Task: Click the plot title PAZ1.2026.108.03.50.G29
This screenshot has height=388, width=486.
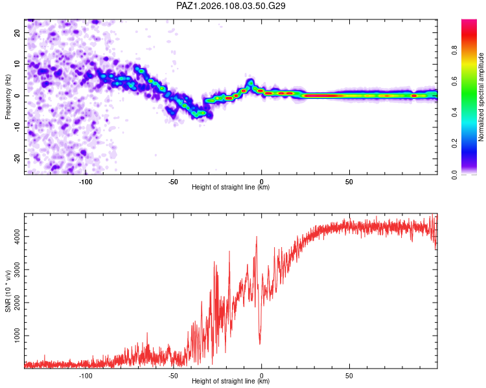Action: (231, 6)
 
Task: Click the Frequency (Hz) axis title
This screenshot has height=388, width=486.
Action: (8, 97)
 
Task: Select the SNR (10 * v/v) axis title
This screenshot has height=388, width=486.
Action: (8, 291)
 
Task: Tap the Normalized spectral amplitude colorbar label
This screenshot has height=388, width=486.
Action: (481, 97)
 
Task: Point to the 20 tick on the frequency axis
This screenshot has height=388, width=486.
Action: (17, 32)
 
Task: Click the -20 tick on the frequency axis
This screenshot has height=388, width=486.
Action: (17, 158)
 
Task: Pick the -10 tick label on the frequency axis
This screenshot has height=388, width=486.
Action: (17, 127)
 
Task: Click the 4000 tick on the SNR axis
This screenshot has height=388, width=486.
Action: (17, 237)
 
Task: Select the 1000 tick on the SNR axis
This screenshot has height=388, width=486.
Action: (17, 336)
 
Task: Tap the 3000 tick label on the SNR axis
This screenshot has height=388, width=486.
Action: (17, 270)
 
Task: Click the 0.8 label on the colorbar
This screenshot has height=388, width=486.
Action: (454, 50)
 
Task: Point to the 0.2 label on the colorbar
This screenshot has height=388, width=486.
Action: (454, 144)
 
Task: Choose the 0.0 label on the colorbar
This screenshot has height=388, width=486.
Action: (454, 175)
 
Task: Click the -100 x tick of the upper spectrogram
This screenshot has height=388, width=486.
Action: (86, 182)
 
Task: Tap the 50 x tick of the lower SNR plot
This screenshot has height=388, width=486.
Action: (349, 376)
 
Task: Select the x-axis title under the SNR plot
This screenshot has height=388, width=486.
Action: (231, 381)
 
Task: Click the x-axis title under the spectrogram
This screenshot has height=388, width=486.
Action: (231, 187)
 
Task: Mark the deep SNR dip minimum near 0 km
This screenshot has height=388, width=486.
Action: (260, 343)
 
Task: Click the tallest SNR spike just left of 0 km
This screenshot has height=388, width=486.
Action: (257, 237)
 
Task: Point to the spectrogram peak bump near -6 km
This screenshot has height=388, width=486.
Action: (250, 82)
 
